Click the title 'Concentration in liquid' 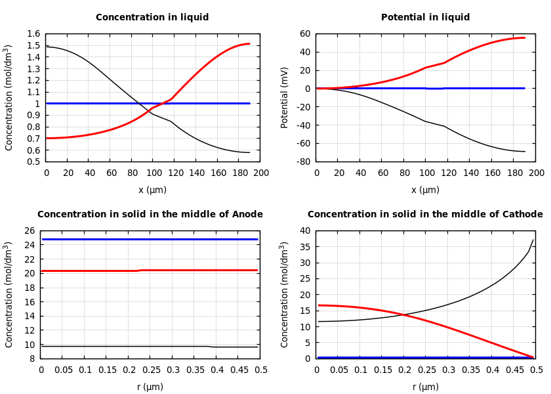(x=152, y=18)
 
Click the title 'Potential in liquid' (x=425, y=18)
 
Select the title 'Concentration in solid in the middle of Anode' (x=150, y=215)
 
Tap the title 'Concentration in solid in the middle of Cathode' (x=425, y=215)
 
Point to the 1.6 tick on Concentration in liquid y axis (x=33, y=34)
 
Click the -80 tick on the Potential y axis (x=304, y=162)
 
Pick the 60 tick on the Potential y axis (x=306, y=34)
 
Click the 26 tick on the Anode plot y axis (x=30, y=231)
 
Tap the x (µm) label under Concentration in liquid (x=152, y=190)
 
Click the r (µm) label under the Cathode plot (x=425, y=387)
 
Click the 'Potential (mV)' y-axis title (x=285, y=97)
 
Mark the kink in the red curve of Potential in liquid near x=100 (x=425, y=68)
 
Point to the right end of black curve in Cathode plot (x=533, y=240)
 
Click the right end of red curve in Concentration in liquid (x=249, y=44)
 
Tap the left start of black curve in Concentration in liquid (x=47, y=47)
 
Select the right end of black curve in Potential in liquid (x=525, y=152)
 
